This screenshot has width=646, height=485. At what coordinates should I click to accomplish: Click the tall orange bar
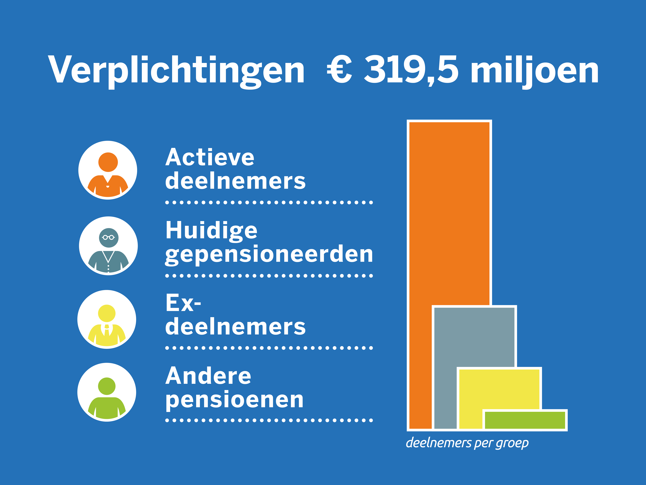449,213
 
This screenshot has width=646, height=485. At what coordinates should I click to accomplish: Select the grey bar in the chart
474,336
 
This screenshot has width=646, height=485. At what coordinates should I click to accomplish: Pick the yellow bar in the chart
499,389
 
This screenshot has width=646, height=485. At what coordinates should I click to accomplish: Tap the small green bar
525,420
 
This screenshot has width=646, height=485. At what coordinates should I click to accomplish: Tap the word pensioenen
235,400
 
